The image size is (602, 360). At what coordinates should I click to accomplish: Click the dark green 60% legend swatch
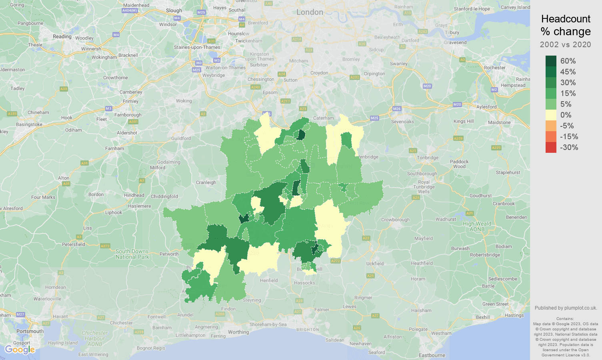point(551,61)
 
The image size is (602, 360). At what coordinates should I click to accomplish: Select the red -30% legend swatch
point(551,147)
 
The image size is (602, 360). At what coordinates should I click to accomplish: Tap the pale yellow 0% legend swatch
point(551,115)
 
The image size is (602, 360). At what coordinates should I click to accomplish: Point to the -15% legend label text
point(569,136)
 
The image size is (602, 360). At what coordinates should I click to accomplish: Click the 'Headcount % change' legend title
point(566,25)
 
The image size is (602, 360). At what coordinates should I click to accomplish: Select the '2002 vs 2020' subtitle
point(566,44)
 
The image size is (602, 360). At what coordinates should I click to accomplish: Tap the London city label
point(310,12)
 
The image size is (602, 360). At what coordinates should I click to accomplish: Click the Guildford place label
point(181,138)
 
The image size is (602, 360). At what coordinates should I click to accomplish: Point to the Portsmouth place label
point(30,331)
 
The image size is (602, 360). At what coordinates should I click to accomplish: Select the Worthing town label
point(238,332)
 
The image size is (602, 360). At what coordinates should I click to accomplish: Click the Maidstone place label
point(499,122)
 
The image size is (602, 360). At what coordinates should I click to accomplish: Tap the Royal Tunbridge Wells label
point(424,187)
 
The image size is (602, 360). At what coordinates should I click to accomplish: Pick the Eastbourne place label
point(432,355)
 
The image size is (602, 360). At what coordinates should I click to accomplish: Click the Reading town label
point(62,36)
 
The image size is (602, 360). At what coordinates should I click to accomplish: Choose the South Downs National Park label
point(132,254)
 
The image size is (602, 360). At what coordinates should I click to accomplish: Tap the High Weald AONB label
point(477,226)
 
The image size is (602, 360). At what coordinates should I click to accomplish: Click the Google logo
point(20,350)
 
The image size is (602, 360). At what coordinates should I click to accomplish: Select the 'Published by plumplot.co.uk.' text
point(566,308)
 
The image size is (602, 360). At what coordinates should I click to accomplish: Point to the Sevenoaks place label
point(402,122)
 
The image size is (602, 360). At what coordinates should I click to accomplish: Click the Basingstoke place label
point(29,124)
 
